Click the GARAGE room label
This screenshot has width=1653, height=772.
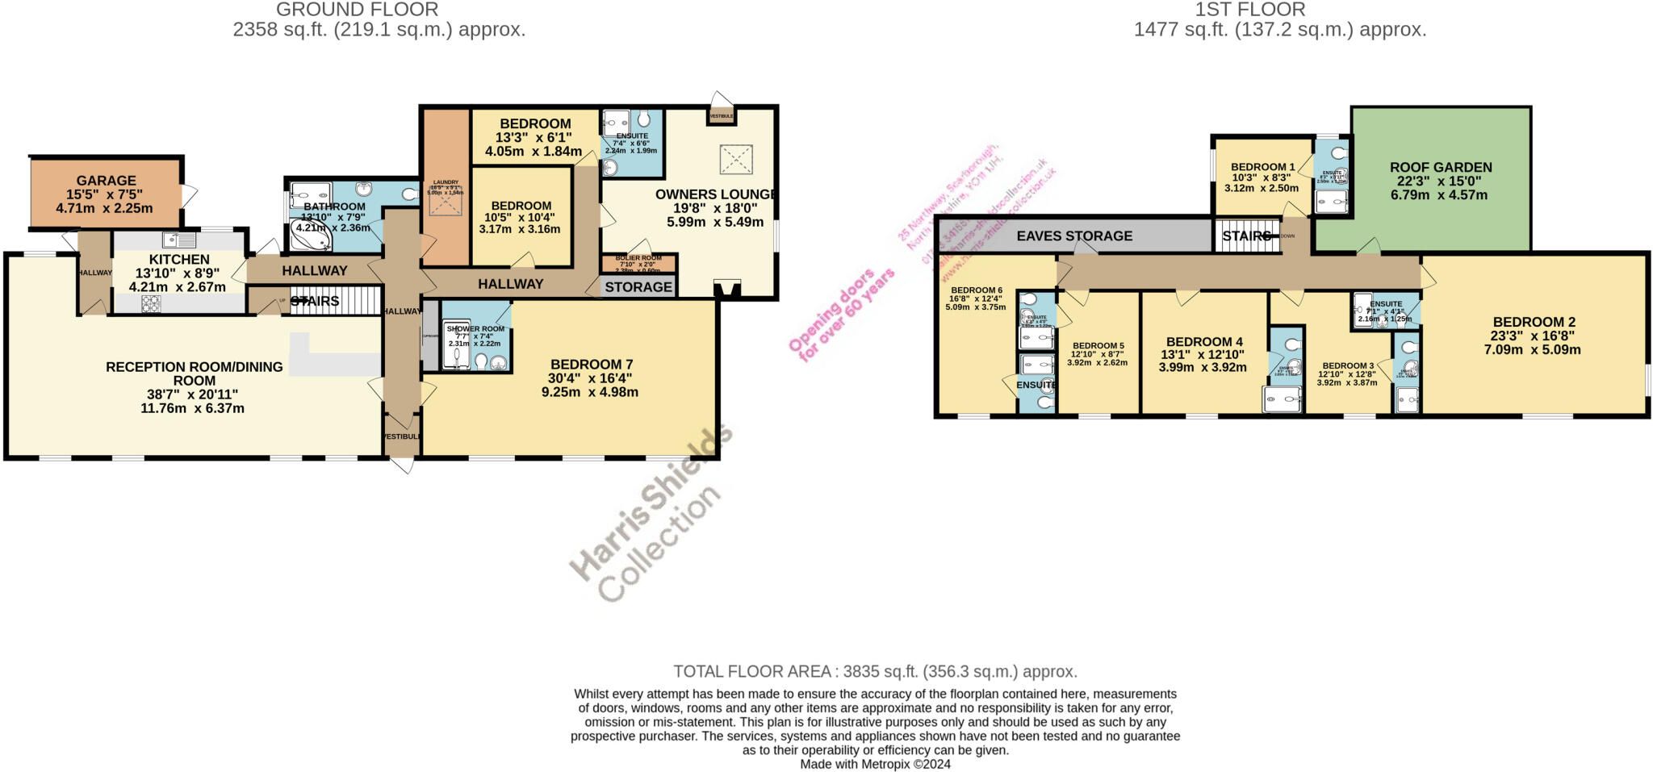(x=106, y=181)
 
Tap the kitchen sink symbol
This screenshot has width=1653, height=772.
(x=178, y=239)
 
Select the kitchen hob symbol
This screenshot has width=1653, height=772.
(x=151, y=303)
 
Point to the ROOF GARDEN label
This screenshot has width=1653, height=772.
(x=1441, y=168)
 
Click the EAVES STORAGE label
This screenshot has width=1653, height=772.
(x=1073, y=236)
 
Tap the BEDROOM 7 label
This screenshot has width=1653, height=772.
(x=591, y=365)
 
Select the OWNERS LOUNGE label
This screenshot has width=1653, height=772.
(x=715, y=194)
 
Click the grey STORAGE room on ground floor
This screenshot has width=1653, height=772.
(x=638, y=287)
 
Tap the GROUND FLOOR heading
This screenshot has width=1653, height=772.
(x=357, y=10)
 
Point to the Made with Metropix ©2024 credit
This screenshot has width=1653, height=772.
(x=875, y=764)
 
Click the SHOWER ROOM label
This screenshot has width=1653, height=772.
(x=475, y=329)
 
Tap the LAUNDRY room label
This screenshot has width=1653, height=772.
(x=446, y=182)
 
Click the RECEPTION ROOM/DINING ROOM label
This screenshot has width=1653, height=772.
(x=194, y=373)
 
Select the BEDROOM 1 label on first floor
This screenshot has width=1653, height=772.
(x=1262, y=167)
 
